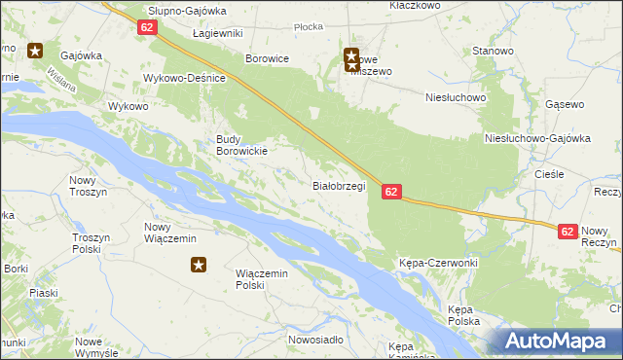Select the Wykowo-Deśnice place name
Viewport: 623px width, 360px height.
[185, 78]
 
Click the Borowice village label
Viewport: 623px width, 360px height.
[268, 58]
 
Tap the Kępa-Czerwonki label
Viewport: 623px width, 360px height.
[438, 264]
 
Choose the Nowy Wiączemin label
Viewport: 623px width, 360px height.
[170, 233]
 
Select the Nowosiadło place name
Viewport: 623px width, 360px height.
[315, 340]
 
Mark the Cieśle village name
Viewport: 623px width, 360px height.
[550, 174]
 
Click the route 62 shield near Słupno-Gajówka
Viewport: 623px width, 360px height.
[147, 27]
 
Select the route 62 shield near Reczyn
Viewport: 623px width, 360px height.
[569, 231]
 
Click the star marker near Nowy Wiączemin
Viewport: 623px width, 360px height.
[199, 264]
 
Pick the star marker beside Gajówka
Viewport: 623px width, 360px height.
[36, 51]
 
